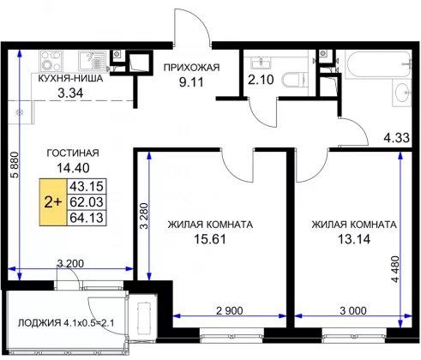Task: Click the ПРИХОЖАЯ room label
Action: coord(191,68)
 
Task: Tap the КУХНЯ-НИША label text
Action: coord(70,78)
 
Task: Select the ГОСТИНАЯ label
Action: coord(73,153)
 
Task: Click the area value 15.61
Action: coord(210,239)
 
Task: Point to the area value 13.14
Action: coord(354,239)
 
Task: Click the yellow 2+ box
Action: coord(53,202)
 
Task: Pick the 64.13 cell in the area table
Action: coord(87,218)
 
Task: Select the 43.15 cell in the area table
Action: coord(87,187)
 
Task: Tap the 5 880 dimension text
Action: coord(15,165)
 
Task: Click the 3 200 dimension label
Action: coord(70,263)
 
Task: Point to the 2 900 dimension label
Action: coord(230,310)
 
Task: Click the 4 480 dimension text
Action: coord(395,269)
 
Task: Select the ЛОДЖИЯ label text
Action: coord(39,323)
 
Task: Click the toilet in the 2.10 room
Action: coord(294,80)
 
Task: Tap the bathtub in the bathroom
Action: coord(378,64)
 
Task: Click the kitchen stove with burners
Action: coord(51,61)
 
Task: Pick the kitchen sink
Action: coord(92,61)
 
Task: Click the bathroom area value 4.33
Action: coord(396,138)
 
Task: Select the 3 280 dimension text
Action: coord(145,216)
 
